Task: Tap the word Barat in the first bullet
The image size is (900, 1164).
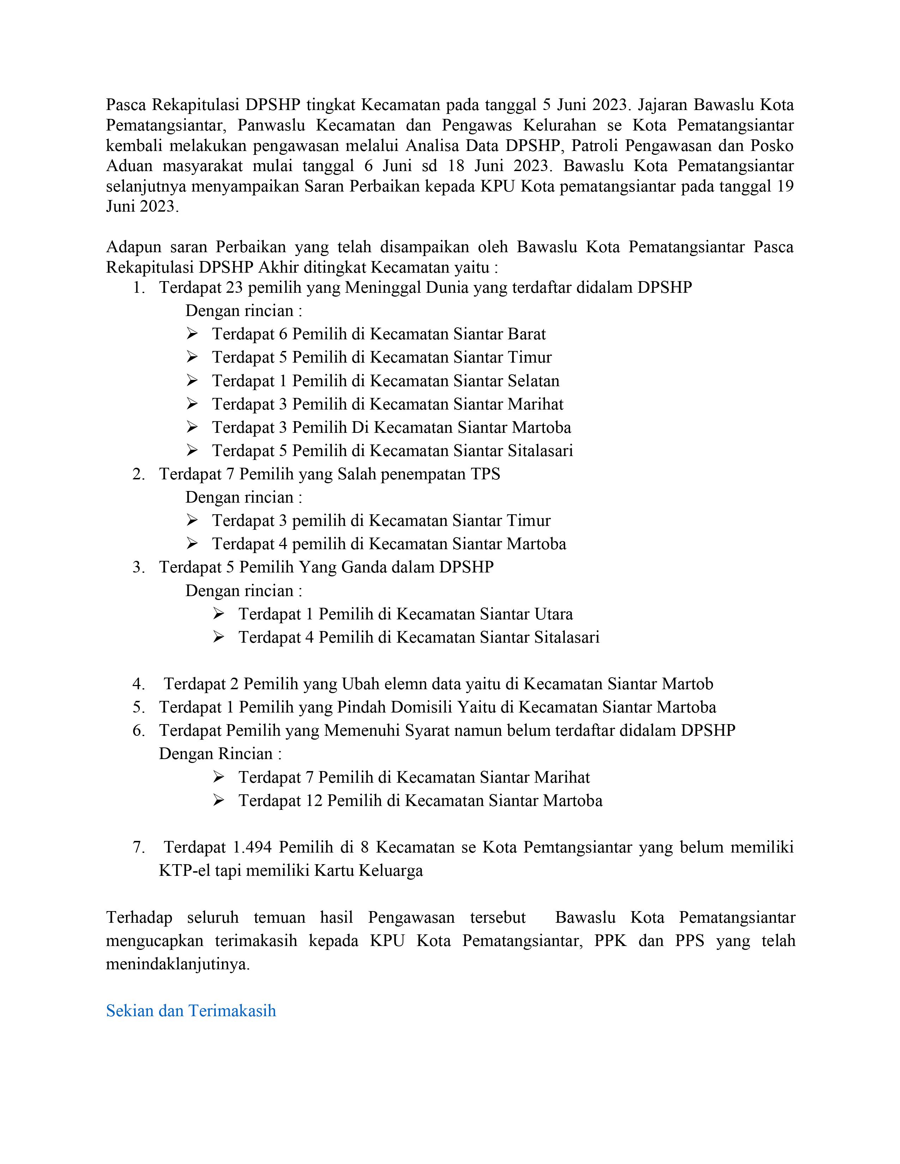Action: (527, 334)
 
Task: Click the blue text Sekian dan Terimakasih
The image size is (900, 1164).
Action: (191, 1011)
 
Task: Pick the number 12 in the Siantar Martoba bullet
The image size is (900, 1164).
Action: (314, 801)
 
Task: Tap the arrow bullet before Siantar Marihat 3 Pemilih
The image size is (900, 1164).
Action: (192, 404)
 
